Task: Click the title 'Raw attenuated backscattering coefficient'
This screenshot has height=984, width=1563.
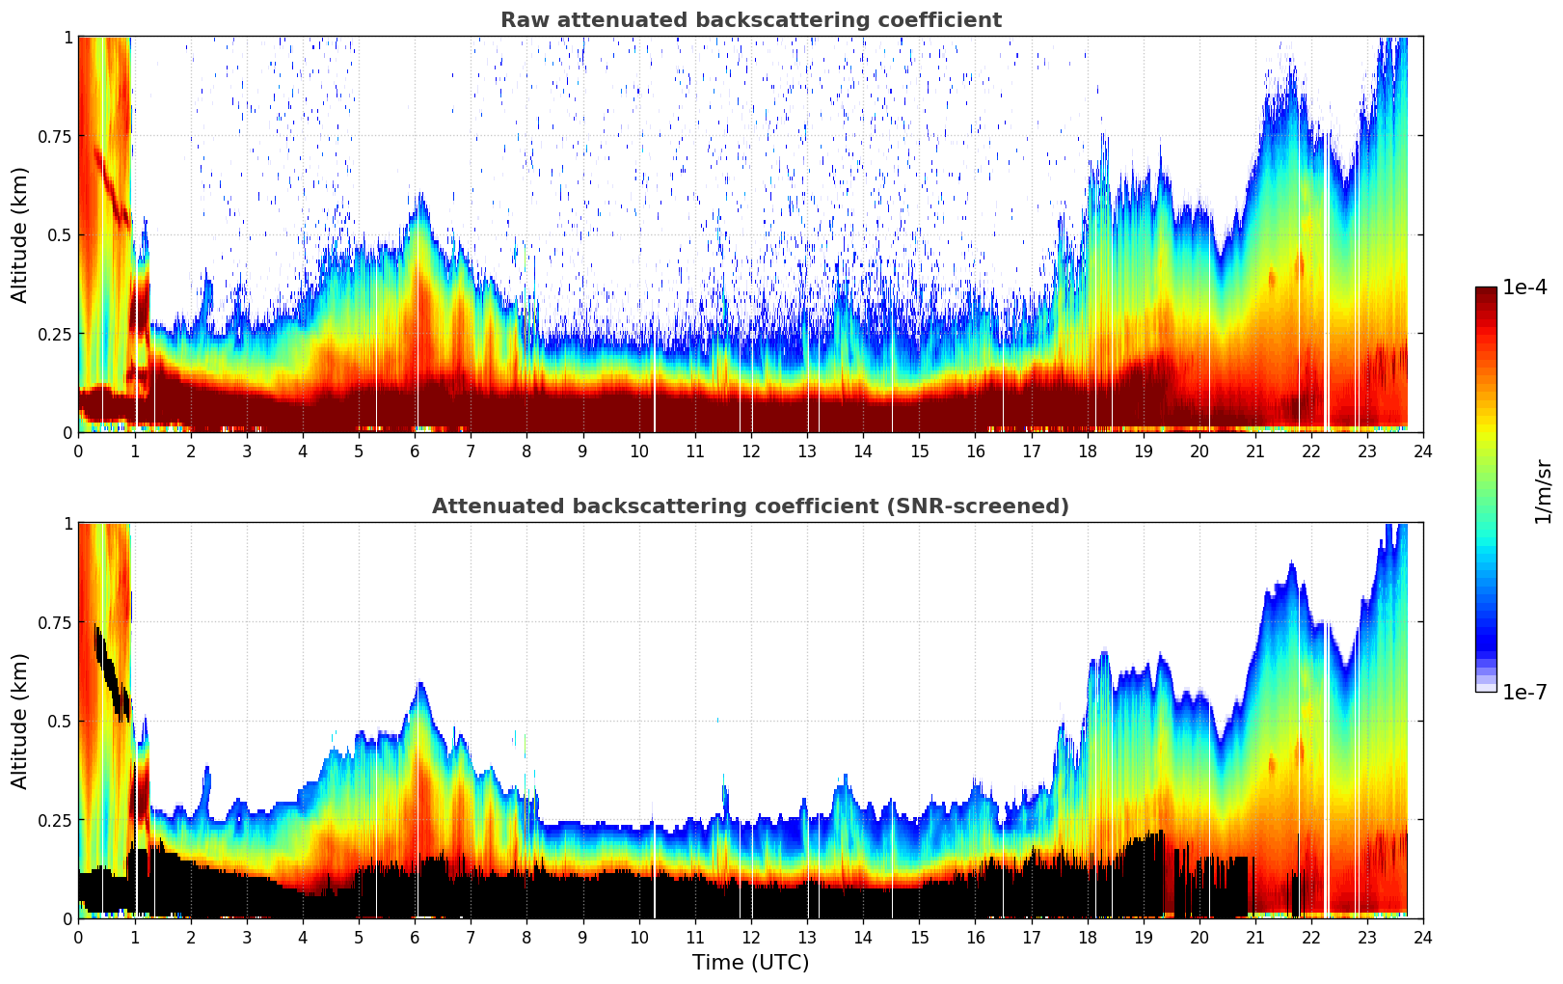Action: [750, 20]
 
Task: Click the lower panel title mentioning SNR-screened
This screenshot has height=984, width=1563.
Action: [750, 506]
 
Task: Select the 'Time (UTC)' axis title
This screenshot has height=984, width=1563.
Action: [750, 963]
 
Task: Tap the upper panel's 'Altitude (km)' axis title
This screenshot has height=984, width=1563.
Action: [20, 234]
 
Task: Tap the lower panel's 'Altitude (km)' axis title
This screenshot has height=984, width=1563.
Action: [20, 721]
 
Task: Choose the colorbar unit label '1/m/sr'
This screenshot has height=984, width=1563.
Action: [1543, 491]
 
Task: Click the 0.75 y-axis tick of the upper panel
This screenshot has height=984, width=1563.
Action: [53, 136]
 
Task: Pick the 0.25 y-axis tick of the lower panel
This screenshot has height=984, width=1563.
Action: [53, 820]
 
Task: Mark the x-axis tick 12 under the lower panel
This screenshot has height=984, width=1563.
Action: [751, 937]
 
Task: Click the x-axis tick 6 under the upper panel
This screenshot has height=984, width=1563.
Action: [415, 451]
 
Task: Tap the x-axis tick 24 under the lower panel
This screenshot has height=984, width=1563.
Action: [1423, 937]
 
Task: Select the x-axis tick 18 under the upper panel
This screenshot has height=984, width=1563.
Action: [1088, 451]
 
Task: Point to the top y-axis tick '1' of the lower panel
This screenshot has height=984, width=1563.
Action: [67, 524]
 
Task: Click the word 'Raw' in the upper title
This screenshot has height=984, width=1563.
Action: [521, 20]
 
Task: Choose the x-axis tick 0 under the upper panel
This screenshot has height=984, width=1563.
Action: [78, 451]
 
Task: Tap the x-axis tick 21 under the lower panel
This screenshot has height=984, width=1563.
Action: [1255, 937]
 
